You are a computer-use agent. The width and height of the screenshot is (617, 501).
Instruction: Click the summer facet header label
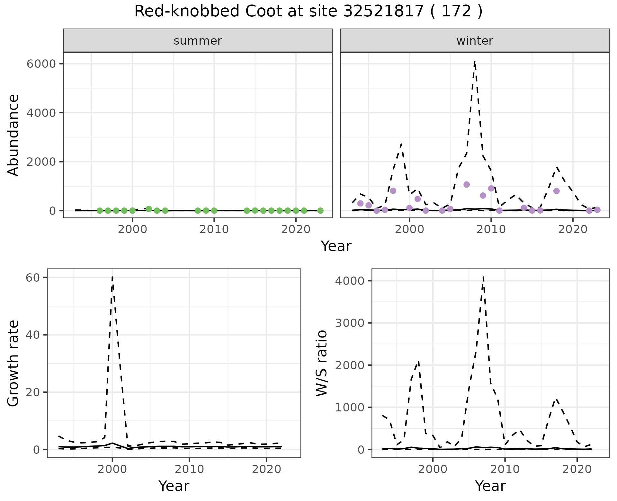tap(198, 41)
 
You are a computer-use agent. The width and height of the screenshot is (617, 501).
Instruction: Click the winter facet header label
tap(475, 41)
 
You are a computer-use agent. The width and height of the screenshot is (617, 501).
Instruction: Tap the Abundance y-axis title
tap(13, 135)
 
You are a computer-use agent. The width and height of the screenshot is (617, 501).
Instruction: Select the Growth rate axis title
tap(13, 363)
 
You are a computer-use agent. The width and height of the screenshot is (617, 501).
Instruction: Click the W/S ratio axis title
tap(321, 363)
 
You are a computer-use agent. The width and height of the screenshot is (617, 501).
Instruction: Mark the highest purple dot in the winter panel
tap(467, 184)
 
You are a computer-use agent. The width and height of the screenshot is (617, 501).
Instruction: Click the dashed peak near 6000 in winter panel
tap(475, 61)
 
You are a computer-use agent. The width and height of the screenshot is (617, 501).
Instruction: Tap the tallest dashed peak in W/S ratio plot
tap(483, 277)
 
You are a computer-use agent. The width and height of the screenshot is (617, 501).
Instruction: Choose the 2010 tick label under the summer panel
tap(214, 229)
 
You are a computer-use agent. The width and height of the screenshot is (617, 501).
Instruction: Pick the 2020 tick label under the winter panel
tap(573, 229)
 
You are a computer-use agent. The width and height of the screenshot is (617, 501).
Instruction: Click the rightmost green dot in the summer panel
tap(320, 211)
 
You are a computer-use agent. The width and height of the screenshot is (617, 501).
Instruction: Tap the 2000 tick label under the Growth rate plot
tap(112, 469)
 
